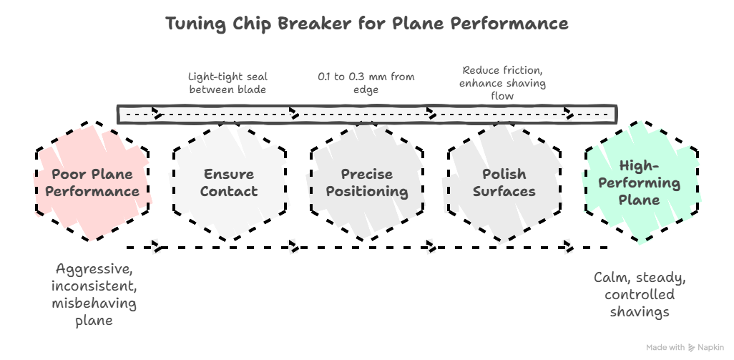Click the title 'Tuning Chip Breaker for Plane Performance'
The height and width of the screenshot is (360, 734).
pyautogui.click(x=367, y=24)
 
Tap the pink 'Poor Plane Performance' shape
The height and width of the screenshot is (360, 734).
pyautogui.click(x=94, y=183)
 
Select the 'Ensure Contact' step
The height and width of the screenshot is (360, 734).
pyautogui.click(x=229, y=183)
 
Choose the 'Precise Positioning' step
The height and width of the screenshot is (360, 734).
pyautogui.click(x=366, y=183)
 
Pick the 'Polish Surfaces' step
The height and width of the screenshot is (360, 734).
pyautogui.click(x=504, y=183)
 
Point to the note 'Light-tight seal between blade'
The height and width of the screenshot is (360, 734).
pyautogui.click(x=227, y=82)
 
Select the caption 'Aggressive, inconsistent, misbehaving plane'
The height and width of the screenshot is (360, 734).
pyautogui.click(x=94, y=295)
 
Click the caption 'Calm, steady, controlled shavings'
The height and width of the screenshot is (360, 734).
pyautogui.click(x=640, y=294)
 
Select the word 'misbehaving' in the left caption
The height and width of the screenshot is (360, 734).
pyautogui.click(x=94, y=303)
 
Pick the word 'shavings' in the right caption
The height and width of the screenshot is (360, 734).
pyautogui.click(x=640, y=312)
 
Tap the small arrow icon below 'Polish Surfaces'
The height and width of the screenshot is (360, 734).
pyautogui.click(x=567, y=246)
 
